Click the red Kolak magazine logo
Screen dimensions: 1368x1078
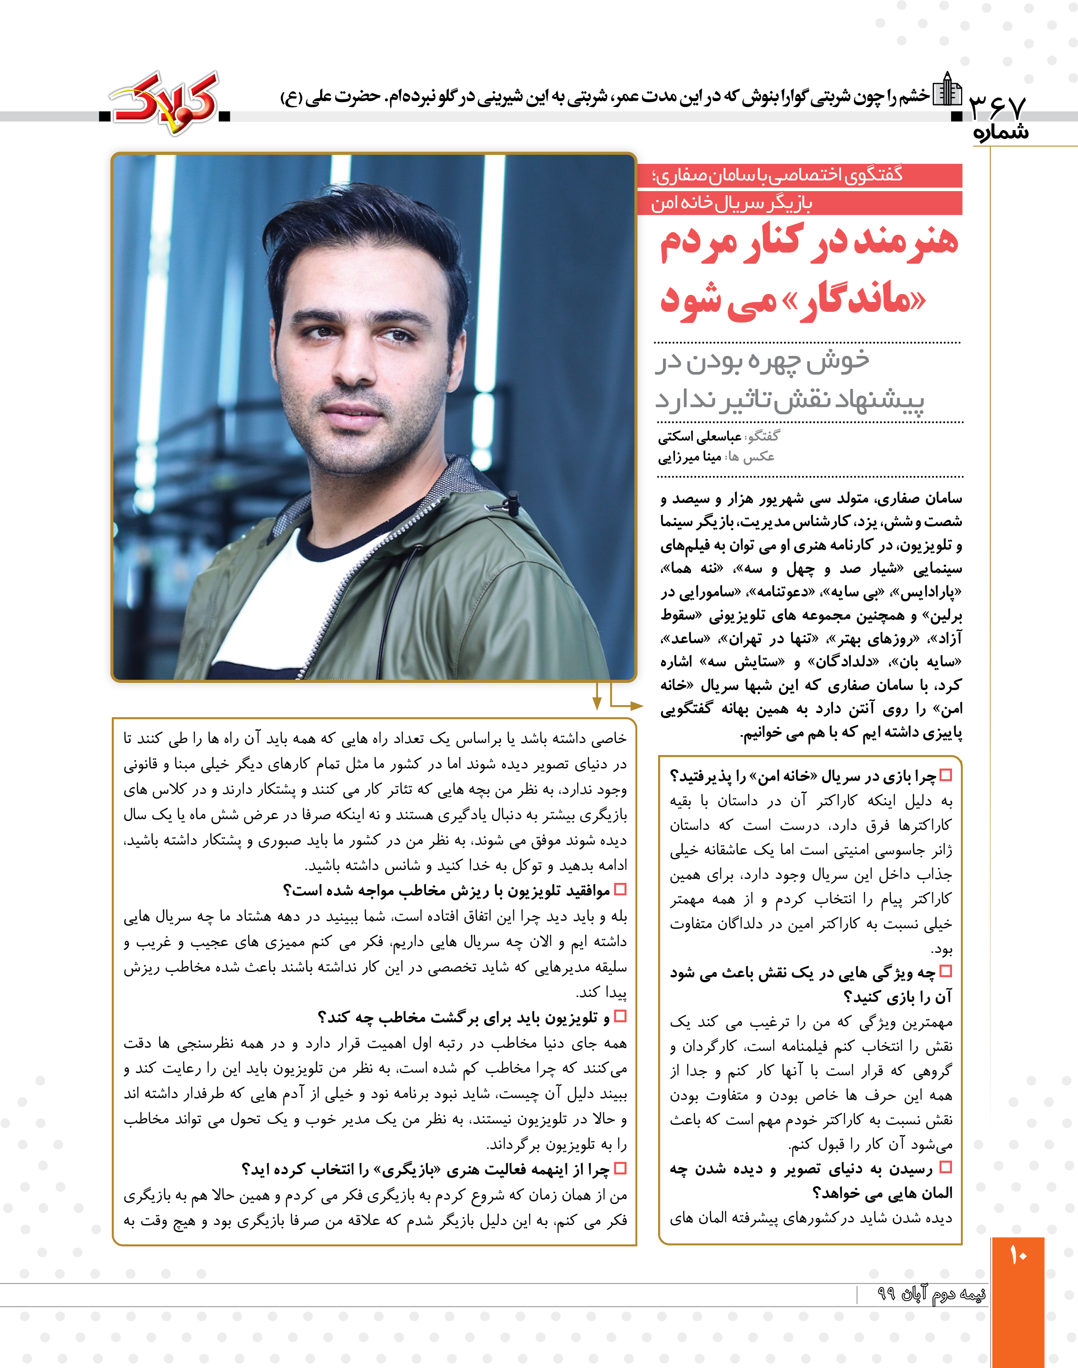pyautogui.click(x=165, y=102)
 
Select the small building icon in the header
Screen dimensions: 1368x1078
pyautogui.click(x=948, y=90)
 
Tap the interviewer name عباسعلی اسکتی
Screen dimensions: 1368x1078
pyautogui.click(x=700, y=437)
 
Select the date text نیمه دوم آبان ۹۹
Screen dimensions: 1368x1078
pyautogui.click(x=931, y=1294)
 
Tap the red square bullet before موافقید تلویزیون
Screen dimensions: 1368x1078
pyautogui.click(x=620, y=890)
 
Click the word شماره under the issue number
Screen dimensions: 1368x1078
pyautogui.click(x=1001, y=133)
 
